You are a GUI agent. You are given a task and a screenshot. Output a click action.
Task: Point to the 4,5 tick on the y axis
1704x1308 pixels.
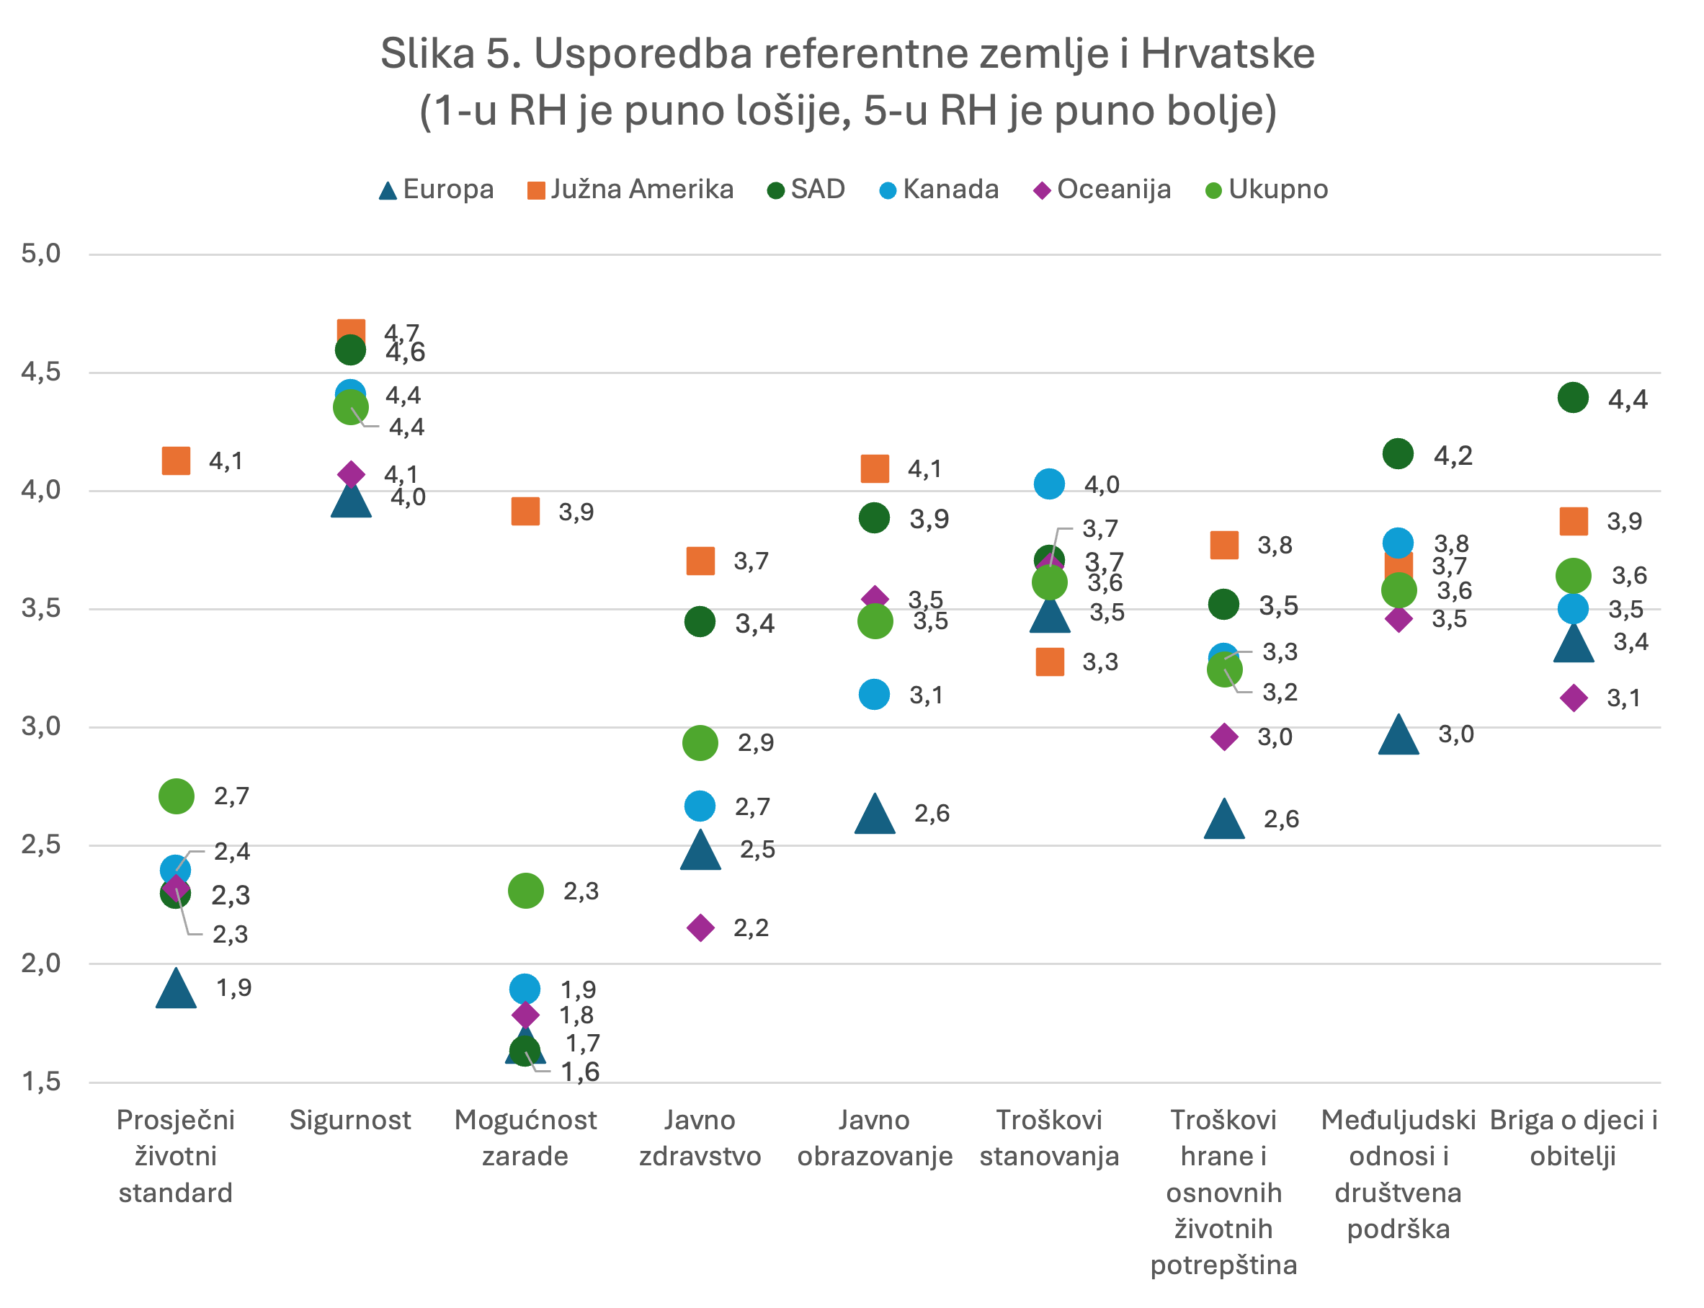tap(41, 371)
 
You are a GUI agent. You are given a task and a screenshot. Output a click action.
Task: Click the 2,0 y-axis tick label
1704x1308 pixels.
tap(41, 963)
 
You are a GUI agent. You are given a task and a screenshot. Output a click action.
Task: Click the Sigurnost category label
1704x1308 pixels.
tap(350, 1120)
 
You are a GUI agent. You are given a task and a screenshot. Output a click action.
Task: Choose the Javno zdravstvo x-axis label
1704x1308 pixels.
tap(700, 1137)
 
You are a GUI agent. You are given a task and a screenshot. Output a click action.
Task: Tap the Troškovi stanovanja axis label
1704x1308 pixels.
tap(1049, 1137)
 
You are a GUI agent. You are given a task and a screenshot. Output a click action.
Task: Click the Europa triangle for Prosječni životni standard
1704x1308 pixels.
tap(176, 990)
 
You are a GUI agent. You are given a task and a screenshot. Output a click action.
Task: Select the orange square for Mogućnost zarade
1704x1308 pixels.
tap(525, 512)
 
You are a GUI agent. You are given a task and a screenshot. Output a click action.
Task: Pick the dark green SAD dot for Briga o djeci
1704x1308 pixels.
tap(1573, 398)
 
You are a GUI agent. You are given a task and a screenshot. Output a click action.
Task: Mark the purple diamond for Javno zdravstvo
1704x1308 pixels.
tap(700, 927)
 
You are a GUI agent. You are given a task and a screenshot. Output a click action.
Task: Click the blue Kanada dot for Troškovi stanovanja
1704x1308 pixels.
tap(1049, 484)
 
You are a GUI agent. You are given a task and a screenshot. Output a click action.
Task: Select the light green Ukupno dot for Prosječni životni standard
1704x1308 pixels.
tap(176, 796)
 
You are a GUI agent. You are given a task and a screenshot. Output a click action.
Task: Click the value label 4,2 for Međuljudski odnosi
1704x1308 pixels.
tap(1453, 455)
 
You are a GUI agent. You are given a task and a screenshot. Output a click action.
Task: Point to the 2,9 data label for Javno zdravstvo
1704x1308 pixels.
tap(755, 743)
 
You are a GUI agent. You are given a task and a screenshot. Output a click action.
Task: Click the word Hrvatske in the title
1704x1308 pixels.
tap(1228, 54)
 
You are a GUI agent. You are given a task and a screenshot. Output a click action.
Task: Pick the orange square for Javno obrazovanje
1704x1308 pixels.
tap(875, 468)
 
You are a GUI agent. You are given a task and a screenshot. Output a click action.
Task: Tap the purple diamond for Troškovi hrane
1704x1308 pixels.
tap(1224, 737)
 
